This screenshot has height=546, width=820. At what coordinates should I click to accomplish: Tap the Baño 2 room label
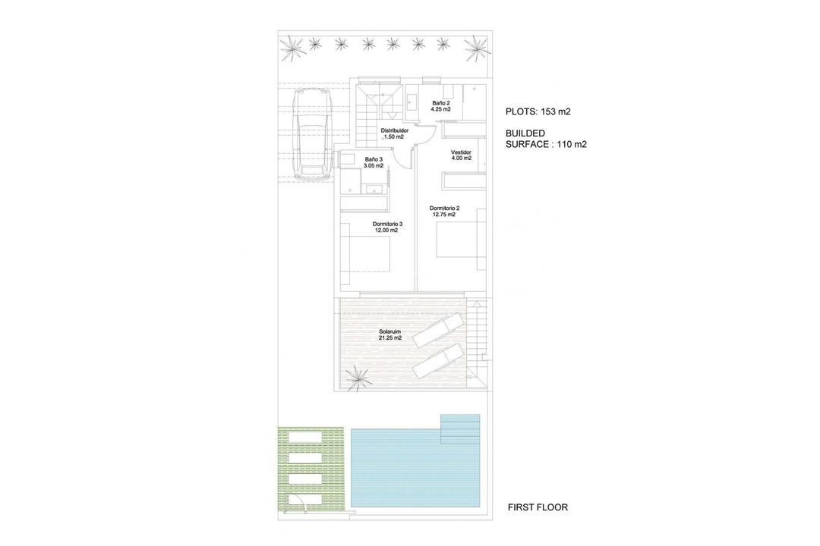pyautogui.click(x=441, y=106)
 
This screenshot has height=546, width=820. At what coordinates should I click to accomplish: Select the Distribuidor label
pyautogui.click(x=394, y=133)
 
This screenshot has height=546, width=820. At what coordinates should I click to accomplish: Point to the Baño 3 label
pyautogui.click(x=374, y=162)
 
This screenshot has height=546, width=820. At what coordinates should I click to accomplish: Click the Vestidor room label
pyautogui.click(x=461, y=155)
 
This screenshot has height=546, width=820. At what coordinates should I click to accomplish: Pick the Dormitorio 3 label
pyautogui.click(x=386, y=227)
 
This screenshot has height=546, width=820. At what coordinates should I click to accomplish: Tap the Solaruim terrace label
pyautogui.click(x=390, y=334)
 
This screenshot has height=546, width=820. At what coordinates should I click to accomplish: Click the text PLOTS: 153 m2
pyautogui.click(x=538, y=111)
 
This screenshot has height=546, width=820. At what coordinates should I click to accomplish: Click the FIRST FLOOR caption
pyautogui.click(x=538, y=507)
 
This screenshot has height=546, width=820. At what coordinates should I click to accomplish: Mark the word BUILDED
pyautogui.click(x=525, y=133)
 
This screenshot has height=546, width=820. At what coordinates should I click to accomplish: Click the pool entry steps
pyautogui.click(x=461, y=428)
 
